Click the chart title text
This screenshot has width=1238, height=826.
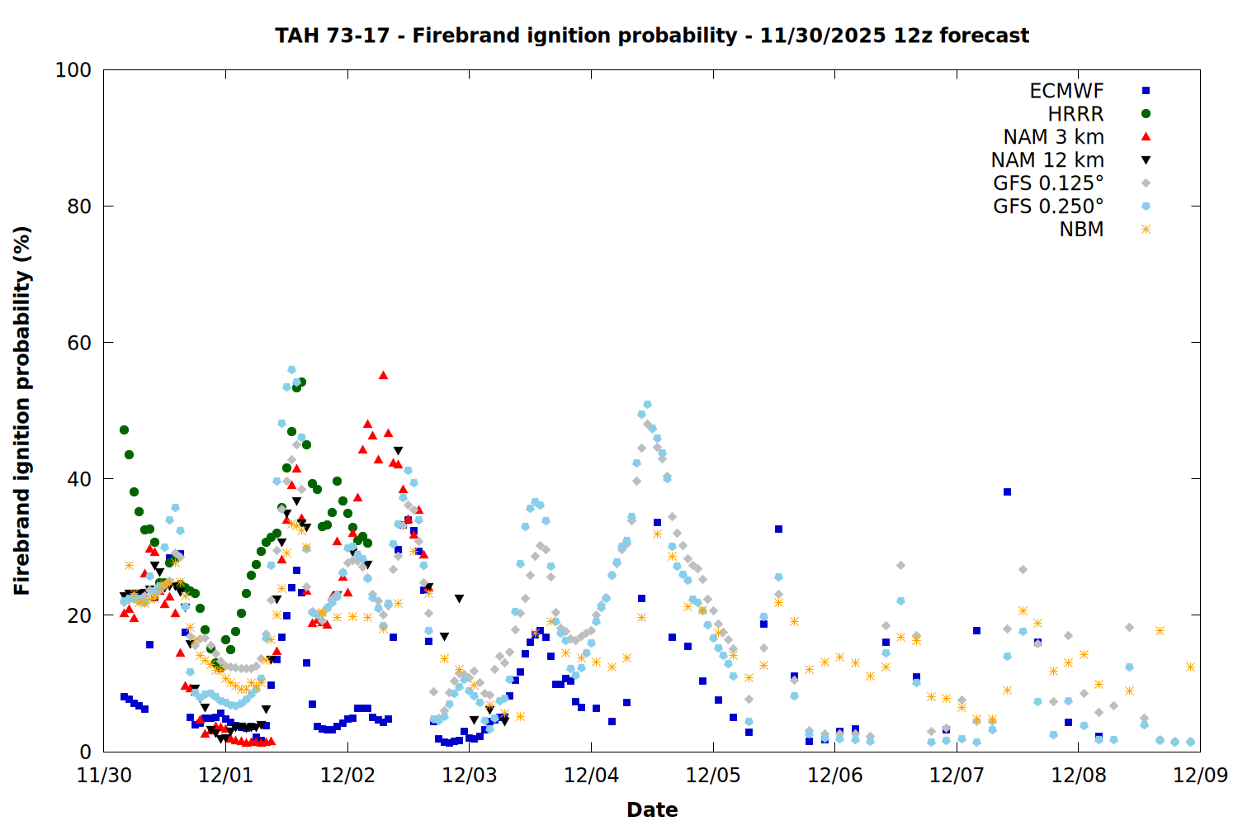coord(652,36)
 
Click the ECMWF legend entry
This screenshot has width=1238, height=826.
coord(1066,91)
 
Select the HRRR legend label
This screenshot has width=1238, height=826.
coord(1075,114)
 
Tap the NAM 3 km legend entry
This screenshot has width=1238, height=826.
coord(1053,136)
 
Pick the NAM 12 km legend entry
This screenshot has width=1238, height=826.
coord(1047,160)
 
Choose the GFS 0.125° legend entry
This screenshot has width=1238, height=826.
coord(1048,183)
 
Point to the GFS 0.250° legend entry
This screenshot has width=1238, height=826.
coord(1048,206)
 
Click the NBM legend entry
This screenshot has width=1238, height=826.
coord(1081,229)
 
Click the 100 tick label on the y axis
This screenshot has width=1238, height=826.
coord(73,70)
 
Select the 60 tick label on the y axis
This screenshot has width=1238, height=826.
coord(79,343)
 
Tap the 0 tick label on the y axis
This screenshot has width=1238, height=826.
coord(86,752)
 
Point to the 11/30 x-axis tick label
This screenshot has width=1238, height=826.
coord(104,775)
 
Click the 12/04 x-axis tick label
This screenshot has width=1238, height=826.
coord(592,775)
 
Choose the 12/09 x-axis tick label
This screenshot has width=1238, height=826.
coord(1200,775)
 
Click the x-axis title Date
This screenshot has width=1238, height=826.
coord(652,810)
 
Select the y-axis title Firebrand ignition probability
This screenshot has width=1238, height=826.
coord(22,411)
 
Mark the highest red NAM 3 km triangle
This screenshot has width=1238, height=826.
coord(383,375)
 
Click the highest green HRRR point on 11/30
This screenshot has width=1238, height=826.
coord(124,430)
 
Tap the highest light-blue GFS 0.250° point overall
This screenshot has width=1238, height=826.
coord(291,369)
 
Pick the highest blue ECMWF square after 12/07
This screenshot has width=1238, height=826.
coord(1007,491)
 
